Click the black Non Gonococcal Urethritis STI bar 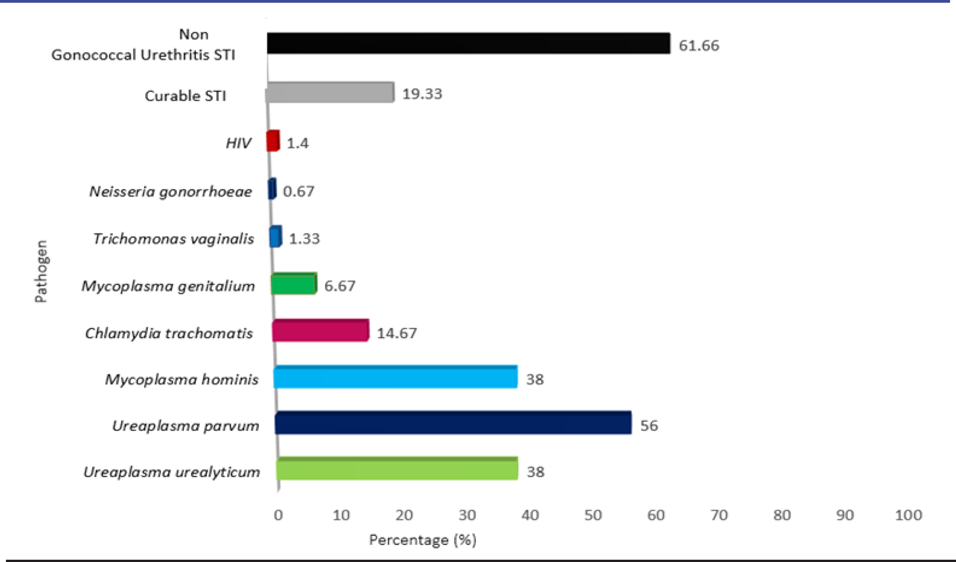click(468, 44)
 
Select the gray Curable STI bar click(330, 93)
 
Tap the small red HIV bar click(273, 141)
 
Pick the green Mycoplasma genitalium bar click(294, 284)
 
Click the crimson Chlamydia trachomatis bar click(320, 331)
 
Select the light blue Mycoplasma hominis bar click(396, 377)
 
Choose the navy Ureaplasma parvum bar click(453, 423)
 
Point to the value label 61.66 click(699, 45)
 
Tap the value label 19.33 click(422, 94)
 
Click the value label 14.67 click(397, 333)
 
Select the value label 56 click(649, 425)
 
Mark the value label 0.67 click(298, 191)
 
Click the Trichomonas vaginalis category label click(173, 239)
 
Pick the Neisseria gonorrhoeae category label click(170, 191)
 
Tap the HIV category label click(238, 143)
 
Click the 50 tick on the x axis click(593, 515)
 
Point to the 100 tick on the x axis click(908, 515)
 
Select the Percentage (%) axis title click(423, 540)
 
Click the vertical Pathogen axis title click(41, 271)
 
